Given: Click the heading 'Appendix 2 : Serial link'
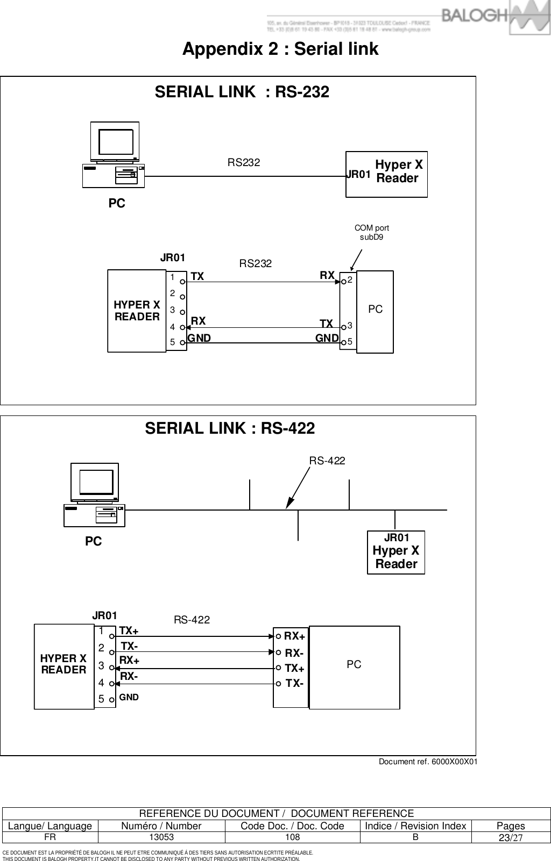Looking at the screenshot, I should click(x=280, y=49).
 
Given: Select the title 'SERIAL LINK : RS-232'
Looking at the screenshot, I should click(x=242, y=92).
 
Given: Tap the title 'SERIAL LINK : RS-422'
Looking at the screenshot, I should click(x=230, y=428).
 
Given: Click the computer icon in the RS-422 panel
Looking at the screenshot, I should click(x=95, y=495).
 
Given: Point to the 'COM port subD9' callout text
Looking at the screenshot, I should click(x=371, y=232).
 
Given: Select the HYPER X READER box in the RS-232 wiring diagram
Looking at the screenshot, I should click(x=137, y=311).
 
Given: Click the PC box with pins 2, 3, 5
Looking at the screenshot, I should click(x=375, y=311).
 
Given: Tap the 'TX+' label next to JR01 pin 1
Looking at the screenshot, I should click(x=129, y=630).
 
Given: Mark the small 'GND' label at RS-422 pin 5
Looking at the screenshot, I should click(x=129, y=697).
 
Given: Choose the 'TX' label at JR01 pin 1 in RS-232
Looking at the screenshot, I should click(x=197, y=277).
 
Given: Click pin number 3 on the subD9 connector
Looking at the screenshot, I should click(x=350, y=325).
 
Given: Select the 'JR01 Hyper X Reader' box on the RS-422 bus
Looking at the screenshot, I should click(x=396, y=552).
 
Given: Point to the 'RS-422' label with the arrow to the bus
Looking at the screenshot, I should click(x=327, y=461).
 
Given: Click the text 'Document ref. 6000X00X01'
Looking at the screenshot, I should click(x=428, y=762).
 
